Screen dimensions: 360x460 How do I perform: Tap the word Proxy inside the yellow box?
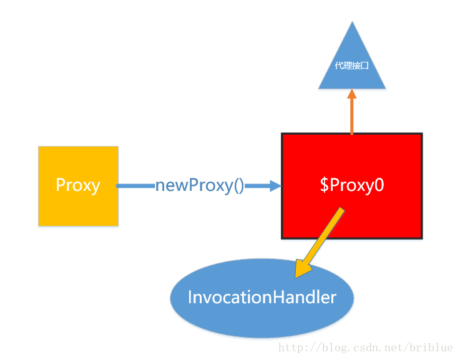[78, 185]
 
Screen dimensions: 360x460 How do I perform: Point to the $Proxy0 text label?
[351, 185]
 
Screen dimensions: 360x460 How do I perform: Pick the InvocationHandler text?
[262, 297]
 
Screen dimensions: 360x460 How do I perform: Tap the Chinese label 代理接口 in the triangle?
[351, 65]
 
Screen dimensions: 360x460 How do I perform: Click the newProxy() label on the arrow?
[200, 185]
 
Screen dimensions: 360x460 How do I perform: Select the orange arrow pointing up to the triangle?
[351, 115]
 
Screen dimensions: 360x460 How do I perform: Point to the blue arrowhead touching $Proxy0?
[275, 185]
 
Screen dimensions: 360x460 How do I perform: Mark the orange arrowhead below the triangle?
[351, 94]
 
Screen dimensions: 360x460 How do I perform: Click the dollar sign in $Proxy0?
[324, 185]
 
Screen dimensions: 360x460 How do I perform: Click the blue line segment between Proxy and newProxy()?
[136, 185]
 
